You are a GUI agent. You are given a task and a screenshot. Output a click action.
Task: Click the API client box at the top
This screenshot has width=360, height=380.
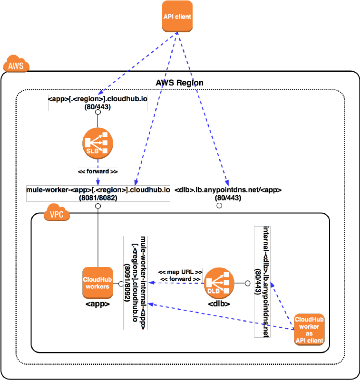[177, 17]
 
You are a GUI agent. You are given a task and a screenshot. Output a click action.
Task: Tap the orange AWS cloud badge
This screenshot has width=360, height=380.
[17, 65]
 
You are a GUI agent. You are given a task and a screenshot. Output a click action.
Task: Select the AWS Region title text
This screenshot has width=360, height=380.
[180, 83]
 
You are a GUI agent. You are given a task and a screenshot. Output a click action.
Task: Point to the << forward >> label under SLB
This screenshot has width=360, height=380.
[98, 171]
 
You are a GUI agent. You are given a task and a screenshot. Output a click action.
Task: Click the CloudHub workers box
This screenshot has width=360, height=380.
[97, 283]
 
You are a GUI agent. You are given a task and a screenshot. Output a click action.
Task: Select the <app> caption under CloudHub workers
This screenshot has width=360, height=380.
[98, 304]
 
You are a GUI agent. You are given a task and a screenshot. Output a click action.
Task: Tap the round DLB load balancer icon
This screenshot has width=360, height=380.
[219, 283]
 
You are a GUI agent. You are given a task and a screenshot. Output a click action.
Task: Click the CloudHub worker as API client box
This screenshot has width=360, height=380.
[309, 329]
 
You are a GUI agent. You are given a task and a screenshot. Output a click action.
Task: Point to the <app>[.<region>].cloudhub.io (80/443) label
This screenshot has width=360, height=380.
[97, 103]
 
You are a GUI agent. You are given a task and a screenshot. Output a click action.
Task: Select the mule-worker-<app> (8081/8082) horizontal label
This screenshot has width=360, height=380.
[98, 193]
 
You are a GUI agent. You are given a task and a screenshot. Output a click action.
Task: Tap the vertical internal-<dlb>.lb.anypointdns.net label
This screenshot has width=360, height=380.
[263, 281]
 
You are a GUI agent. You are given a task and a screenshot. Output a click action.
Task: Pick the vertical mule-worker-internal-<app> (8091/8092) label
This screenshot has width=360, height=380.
[135, 283]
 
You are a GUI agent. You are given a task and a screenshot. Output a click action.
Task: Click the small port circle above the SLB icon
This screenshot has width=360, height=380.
[97, 114]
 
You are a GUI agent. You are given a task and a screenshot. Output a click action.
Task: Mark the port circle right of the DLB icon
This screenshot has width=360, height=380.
[247, 284]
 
